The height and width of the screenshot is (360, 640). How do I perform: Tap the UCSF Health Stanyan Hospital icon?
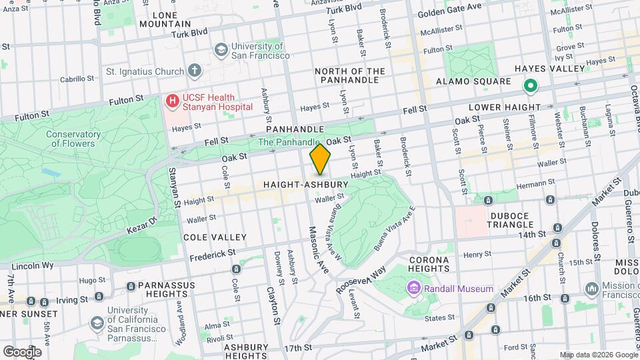point(173,101)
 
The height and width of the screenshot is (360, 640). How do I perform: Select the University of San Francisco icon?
point(221,50)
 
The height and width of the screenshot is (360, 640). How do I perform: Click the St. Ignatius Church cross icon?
point(194,70)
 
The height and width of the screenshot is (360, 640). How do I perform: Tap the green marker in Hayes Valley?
point(531,85)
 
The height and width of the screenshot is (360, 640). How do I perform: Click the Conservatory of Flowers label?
point(73,139)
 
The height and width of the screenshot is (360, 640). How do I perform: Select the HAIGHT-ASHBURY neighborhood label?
point(306,184)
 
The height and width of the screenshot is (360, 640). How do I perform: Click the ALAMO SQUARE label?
point(473,81)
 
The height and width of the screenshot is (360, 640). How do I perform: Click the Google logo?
point(21,351)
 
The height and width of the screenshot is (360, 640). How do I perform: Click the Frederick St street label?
point(213,255)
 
